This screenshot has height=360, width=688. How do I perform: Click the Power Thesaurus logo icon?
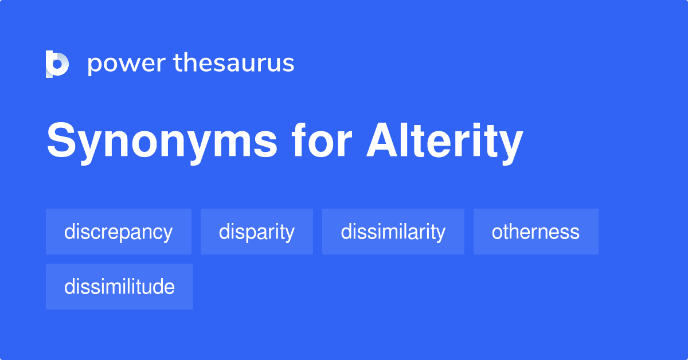pos(57,64)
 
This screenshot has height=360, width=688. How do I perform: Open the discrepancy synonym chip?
pos(119,232)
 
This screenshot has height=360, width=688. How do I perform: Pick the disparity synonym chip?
pos(257,232)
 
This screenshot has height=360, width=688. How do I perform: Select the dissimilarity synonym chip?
pos(393,232)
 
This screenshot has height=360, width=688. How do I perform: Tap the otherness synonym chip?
pos(536,232)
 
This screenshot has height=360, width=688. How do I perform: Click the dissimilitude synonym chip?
pos(119,287)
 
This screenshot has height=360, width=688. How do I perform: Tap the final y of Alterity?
pos(509,146)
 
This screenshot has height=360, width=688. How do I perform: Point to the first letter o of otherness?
pos(497,233)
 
